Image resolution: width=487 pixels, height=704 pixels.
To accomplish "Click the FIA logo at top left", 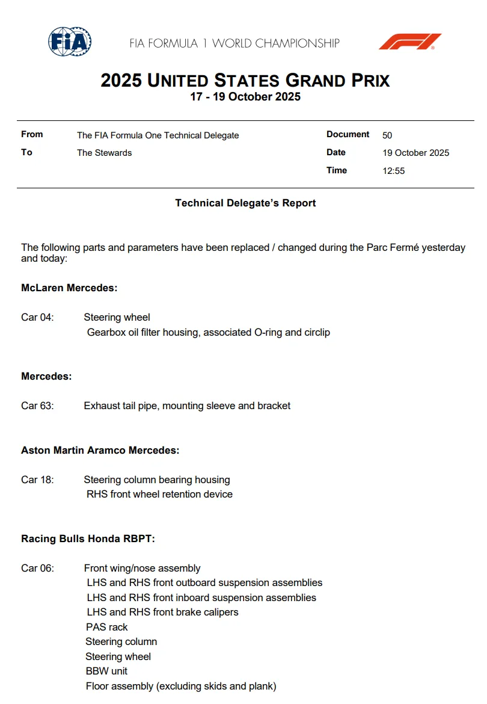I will click(70, 42).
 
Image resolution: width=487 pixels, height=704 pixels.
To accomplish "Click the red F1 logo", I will click(410, 42).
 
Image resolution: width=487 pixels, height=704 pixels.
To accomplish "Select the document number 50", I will click(387, 135).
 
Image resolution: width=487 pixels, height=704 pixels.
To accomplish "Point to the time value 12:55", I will click(394, 171).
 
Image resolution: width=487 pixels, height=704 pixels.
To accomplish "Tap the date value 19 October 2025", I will click(415, 153).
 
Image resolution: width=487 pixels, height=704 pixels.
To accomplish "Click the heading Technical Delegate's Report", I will click(245, 203).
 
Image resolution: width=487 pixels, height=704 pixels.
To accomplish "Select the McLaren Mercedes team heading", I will click(69, 288).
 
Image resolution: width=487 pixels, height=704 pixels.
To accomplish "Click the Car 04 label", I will click(37, 318).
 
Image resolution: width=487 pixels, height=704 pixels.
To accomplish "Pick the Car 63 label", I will click(37, 406).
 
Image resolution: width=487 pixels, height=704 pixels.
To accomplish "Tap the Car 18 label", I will click(37, 480).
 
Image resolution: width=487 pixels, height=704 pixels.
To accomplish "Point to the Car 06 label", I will click(37, 569).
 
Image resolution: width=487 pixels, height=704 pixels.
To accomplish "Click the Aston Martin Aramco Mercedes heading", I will click(100, 450).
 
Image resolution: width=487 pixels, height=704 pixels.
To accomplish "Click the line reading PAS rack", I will click(107, 627).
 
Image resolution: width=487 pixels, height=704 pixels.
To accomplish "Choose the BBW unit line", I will click(106, 671).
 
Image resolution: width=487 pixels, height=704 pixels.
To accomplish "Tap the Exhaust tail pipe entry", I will click(187, 406).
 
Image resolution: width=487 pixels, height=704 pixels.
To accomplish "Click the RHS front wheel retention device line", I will click(159, 495).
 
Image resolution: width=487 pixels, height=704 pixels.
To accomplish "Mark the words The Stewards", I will click(104, 153).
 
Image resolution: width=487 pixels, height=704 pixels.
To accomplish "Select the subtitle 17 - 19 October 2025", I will click(245, 97).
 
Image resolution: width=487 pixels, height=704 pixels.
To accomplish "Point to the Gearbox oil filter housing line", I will click(208, 332).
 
